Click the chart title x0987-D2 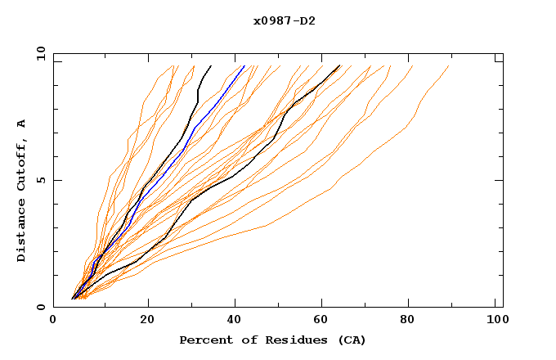click(284, 20)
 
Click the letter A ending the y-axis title click(22, 124)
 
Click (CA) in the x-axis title click(350, 340)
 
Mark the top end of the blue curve click(244, 66)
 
